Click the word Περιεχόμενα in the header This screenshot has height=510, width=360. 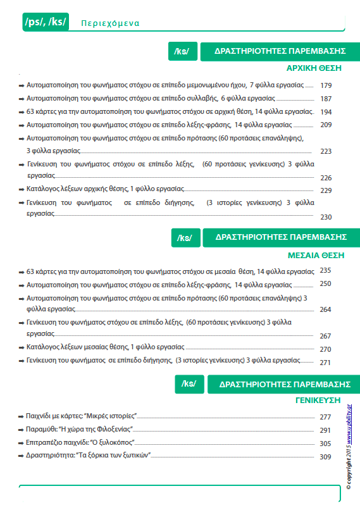click(110, 24)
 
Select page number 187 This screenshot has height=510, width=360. click(326, 99)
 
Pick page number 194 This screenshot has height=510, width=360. click(326, 112)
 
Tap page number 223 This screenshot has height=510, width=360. click(326, 151)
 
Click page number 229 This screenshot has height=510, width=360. click(326, 190)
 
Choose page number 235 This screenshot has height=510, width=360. click(326, 270)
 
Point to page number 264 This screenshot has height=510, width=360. click(326, 310)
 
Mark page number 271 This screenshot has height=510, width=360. click(326, 363)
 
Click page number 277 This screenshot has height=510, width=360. click(326, 417)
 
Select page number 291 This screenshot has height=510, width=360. click(326, 430)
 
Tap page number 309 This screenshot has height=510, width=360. click(326, 457)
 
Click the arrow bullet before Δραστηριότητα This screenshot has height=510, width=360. click(22, 456)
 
